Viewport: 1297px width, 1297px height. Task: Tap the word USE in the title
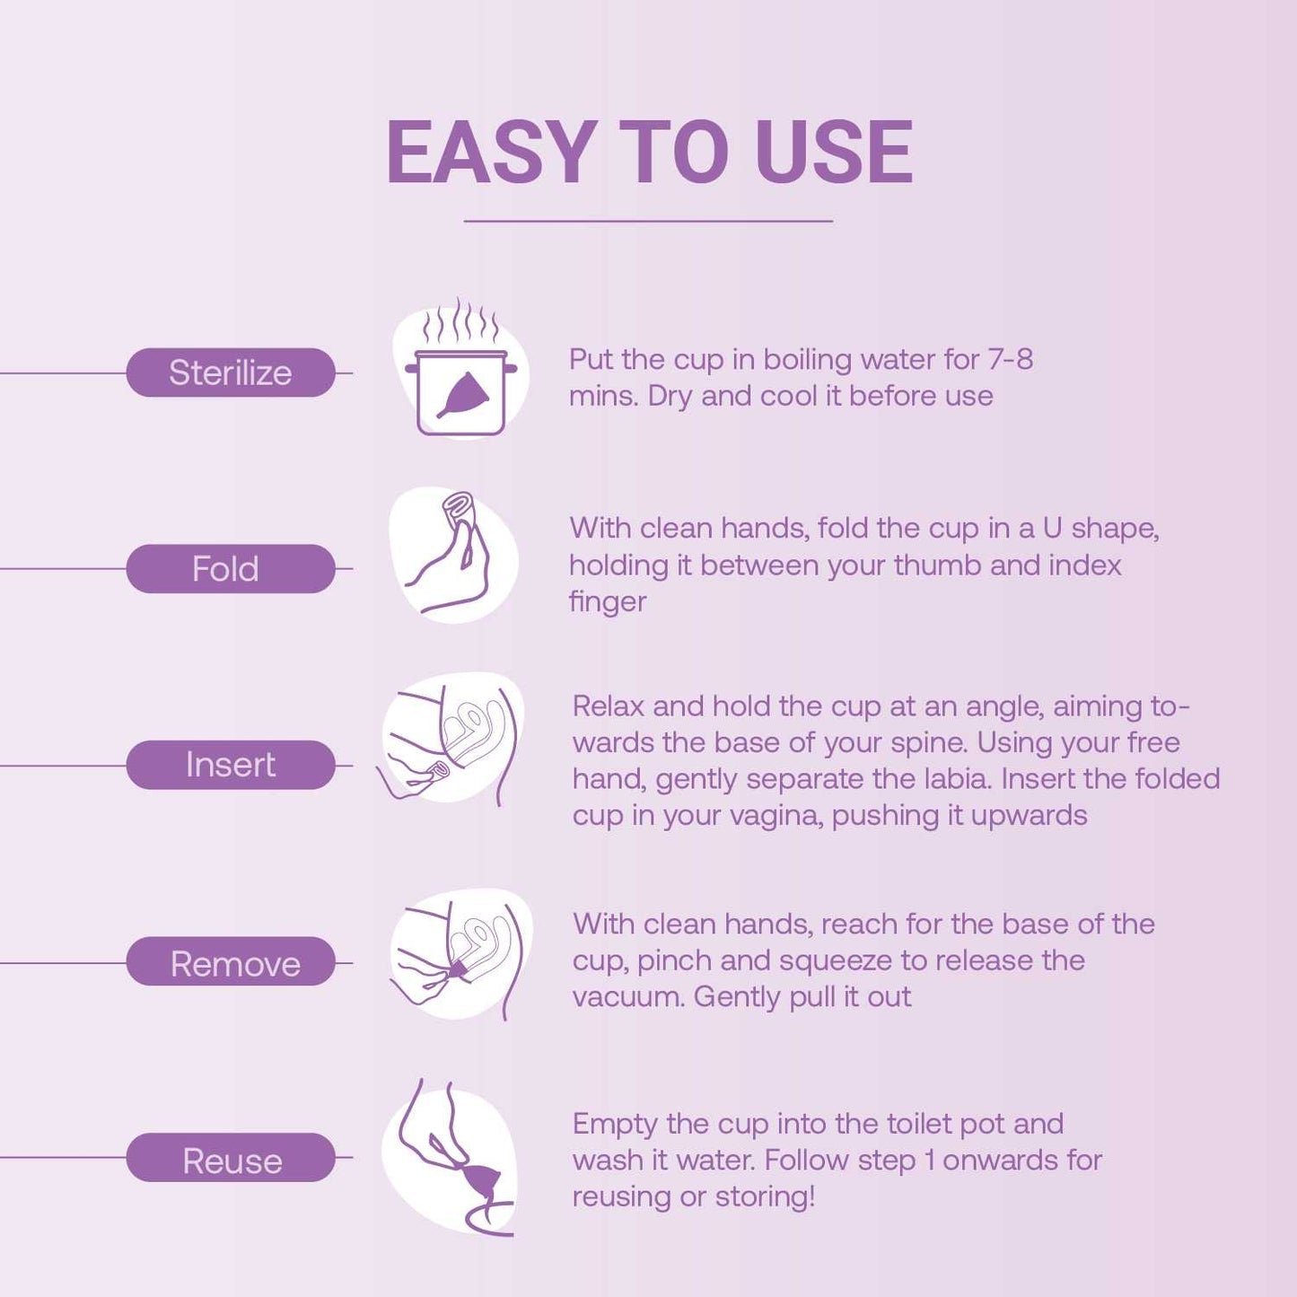(x=833, y=153)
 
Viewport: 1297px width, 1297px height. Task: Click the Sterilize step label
(x=231, y=372)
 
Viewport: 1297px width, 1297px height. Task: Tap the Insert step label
(x=231, y=765)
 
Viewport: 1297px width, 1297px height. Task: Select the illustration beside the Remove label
(x=458, y=954)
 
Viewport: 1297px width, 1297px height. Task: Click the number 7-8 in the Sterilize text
(x=1010, y=360)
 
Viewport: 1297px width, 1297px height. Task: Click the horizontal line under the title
(x=648, y=221)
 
